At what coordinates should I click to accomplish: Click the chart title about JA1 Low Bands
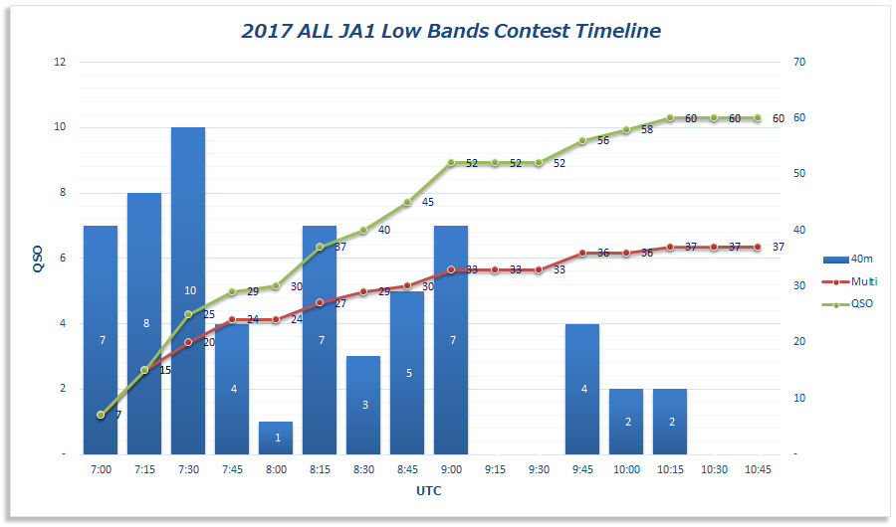coord(451,31)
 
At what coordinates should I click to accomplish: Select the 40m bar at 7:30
coord(188,290)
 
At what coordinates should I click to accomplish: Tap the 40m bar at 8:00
coord(276,438)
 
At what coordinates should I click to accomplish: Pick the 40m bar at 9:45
coord(582,389)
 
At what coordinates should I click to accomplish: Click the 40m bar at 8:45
coord(407,372)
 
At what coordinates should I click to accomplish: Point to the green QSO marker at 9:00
coord(451,162)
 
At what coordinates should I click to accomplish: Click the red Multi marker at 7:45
coord(232,319)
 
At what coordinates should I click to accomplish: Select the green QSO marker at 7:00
coord(101,415)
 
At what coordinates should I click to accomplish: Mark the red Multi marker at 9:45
coord(582,253)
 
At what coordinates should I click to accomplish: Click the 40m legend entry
coord(850,259)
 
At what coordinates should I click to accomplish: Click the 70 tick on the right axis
coord(798,62)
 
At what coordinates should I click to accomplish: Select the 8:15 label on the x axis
coord(320,469)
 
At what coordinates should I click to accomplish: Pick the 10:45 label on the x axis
coord(758,469)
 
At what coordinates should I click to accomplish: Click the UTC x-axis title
coord(429,490)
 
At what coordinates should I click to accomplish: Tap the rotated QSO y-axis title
coord(38,258)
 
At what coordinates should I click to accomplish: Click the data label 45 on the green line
coord(427,202)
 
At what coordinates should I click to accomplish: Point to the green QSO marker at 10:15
coord(670,117)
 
